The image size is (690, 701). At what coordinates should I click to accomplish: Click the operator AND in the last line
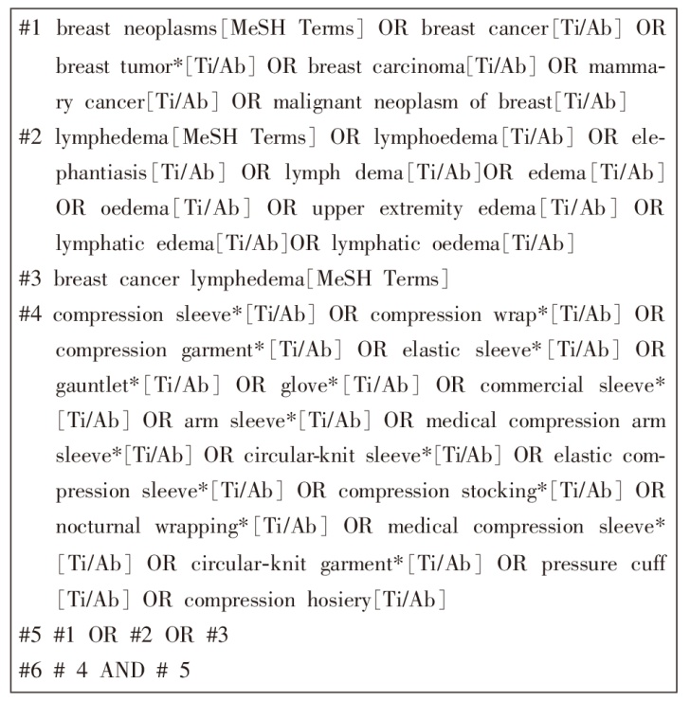[119, 671]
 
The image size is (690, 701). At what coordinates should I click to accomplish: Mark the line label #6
[30, 671]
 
